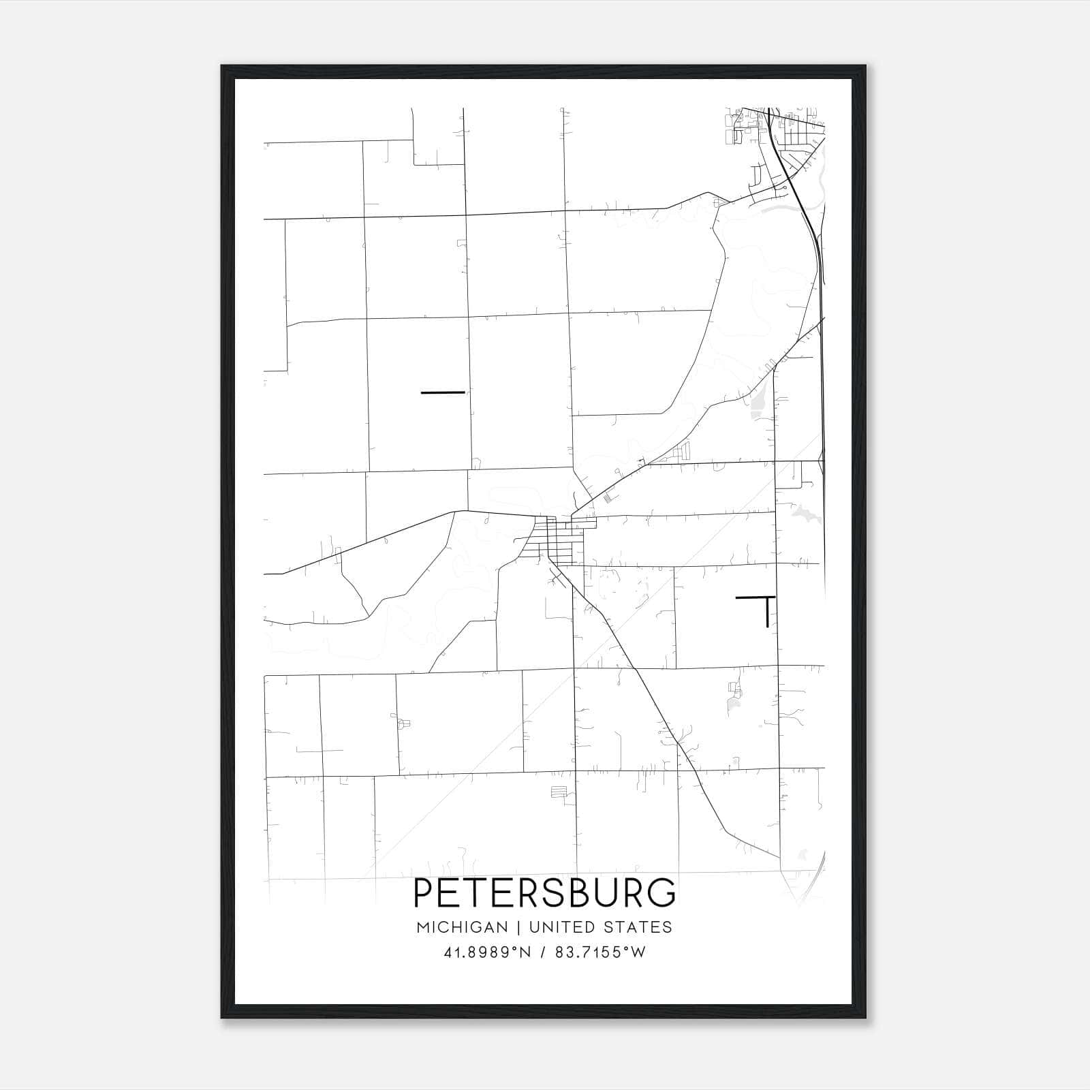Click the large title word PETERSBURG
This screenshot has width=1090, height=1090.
pyautogui.click(x=545, y=893)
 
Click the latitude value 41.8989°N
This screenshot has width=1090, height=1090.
pyautogui.click(x=486, y=952)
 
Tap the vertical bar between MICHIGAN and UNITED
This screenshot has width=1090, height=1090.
pyautogui.click(x=518, y=927)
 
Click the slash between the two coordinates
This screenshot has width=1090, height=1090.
pyautogui.click(x=543, y=952)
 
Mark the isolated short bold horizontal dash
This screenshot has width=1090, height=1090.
pyautogui.click(x=443, y=392)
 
